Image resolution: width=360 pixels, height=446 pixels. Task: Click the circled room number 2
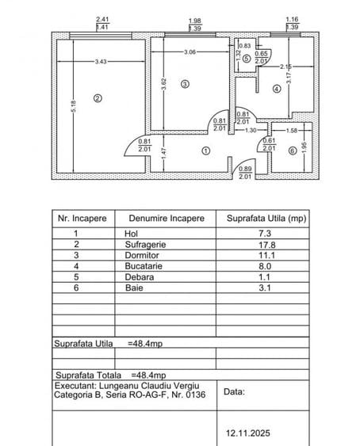tap(98, 99)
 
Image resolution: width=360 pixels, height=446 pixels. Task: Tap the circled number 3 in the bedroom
tap(185, 83)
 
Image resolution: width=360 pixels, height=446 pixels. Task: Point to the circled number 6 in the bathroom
tap(293, 151)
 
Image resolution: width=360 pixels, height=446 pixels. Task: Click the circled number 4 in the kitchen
tap(276, 89)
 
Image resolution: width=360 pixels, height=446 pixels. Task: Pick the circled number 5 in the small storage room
tap(247, 58)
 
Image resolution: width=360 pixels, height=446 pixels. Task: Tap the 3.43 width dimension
tap(100, 61)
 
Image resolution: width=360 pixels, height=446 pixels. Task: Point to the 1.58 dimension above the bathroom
tap(292, 130)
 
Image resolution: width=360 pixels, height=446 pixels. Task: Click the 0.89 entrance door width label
tap(245, 169)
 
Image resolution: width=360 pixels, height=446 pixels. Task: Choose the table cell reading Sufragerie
tap(145, 245)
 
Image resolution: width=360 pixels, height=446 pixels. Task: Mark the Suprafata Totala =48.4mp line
tap(110, 375)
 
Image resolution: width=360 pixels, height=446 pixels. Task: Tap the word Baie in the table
tap(132, 288)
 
